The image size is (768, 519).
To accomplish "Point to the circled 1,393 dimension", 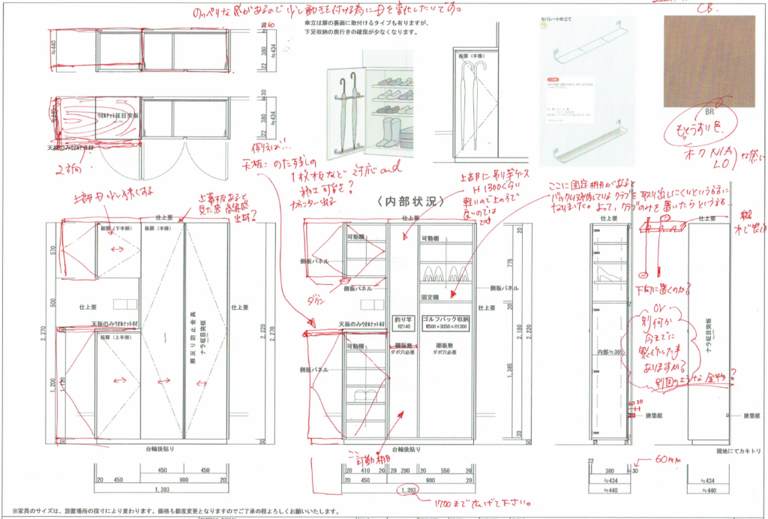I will pos(409,490).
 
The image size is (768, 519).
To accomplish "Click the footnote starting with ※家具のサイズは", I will pos(172,511).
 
